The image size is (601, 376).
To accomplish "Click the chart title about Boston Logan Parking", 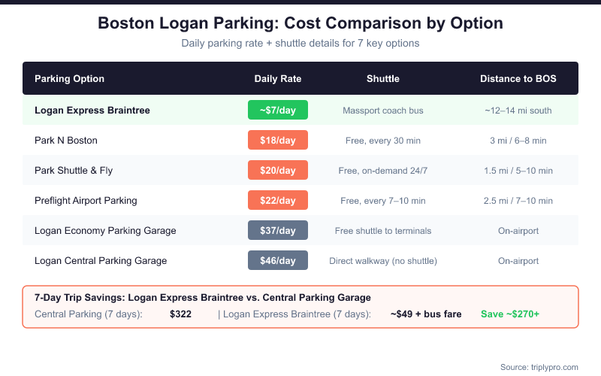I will tap(300, 23).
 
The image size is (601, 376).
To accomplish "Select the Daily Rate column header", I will tap(277, 79).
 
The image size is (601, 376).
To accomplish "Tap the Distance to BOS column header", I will tap(518, 79).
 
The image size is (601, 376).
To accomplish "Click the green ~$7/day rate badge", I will tap(277, 111).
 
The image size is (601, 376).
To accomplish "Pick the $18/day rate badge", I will tap(277, 141).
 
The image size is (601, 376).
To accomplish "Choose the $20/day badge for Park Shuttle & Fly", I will tap(277, 171).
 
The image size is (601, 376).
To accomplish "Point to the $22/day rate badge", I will tap(277, 201).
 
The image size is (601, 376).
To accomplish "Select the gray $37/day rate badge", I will tap(277, 231).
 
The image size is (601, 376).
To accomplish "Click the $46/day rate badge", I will tap(277, 261).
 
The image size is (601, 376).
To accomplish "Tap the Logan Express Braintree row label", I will tap(92, 111).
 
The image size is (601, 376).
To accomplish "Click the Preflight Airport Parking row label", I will tap(86, 201).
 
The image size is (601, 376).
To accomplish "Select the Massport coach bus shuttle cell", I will tap(383, 111).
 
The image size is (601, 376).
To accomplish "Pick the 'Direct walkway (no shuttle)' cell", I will tap(383, 261).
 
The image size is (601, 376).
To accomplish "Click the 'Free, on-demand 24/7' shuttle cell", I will tap(383, 171).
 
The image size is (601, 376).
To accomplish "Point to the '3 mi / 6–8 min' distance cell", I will tap(518, 141).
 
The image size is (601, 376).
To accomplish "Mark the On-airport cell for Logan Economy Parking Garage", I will tap(518, 231).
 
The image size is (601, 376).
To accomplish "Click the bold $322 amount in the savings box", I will tap(181, 314).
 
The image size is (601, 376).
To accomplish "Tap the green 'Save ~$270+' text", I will tap(510, 314).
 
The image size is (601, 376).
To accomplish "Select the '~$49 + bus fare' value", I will tap(426, 314).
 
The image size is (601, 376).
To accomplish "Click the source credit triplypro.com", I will tap(539, 367).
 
